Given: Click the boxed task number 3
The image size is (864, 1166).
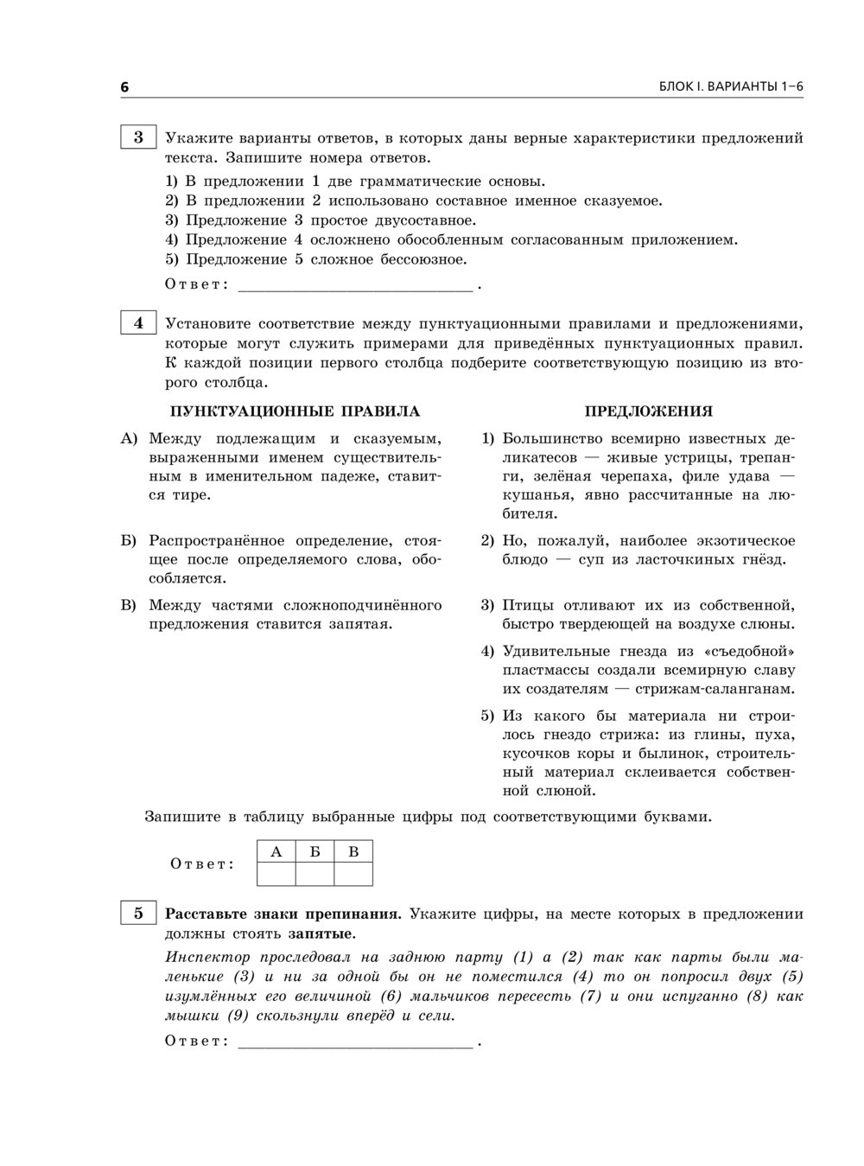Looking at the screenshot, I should click(138, 137).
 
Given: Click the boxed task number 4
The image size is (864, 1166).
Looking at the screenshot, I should click(138, 323).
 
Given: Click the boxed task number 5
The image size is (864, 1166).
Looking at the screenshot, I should click(138, 913).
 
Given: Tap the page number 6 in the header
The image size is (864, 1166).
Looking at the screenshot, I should click(124, 87).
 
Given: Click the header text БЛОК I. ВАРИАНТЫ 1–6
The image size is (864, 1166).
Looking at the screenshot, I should click(731, 87).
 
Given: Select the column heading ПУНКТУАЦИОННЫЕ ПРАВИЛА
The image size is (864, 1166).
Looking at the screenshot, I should click(295, 411).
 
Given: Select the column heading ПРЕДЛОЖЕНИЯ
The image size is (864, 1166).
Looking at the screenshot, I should click(648, 411).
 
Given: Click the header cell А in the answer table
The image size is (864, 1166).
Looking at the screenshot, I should click(276, 852).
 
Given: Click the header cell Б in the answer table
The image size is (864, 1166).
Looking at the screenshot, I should click(314, 852).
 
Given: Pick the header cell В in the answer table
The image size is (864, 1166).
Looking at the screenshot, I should click(353, 852).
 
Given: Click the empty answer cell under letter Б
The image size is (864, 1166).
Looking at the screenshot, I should click(314, 875).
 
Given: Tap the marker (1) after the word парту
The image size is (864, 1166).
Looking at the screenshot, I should click(524, 957).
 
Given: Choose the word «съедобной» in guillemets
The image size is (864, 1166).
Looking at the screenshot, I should click(749, 651).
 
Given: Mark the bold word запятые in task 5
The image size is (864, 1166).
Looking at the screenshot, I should click(321, 933).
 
